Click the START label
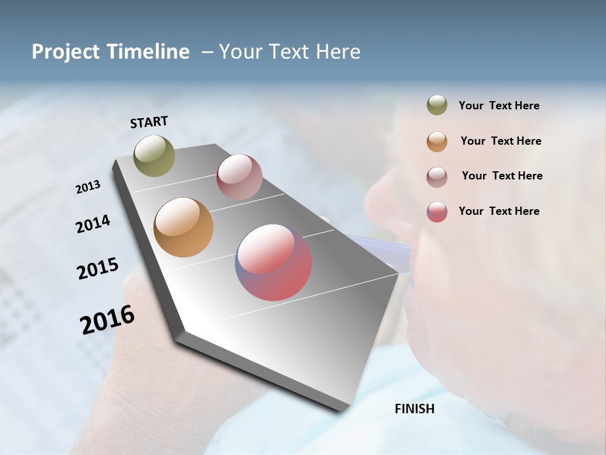pyautogui.click(x=149, y=122)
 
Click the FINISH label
pyautogui.click(x=414, y=409)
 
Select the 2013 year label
pyautogui.click(x=88, y=187)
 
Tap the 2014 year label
pyautogui.click(x=93, y=224)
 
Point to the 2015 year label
pyautogui.click(x=97, y=269)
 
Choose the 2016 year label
pyautogui.click(x=107, y=320)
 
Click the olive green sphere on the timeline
pyautogui.click(x=154, y=155)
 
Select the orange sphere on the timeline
pyautogui.click(x=183, y=227)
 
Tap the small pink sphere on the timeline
pyautogui.click(x=239, y=177)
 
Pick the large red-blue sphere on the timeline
pyautogui.click(x=273, y=262)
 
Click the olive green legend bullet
pyautogui.click(x=437, y=106)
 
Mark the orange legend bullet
pyautogui.click(x=437, y=142)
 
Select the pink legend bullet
pyautogui.click(x=437, y=177)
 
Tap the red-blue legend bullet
pyautogui.click(x=437, y=212)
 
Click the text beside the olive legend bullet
pyautogui.click(x=499, y=106)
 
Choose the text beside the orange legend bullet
pyautogui.click(x=501, y=141)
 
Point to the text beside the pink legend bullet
pyautogui.click(x=502, y=176)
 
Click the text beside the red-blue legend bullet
pyautogui.click(x=499, y=211)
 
